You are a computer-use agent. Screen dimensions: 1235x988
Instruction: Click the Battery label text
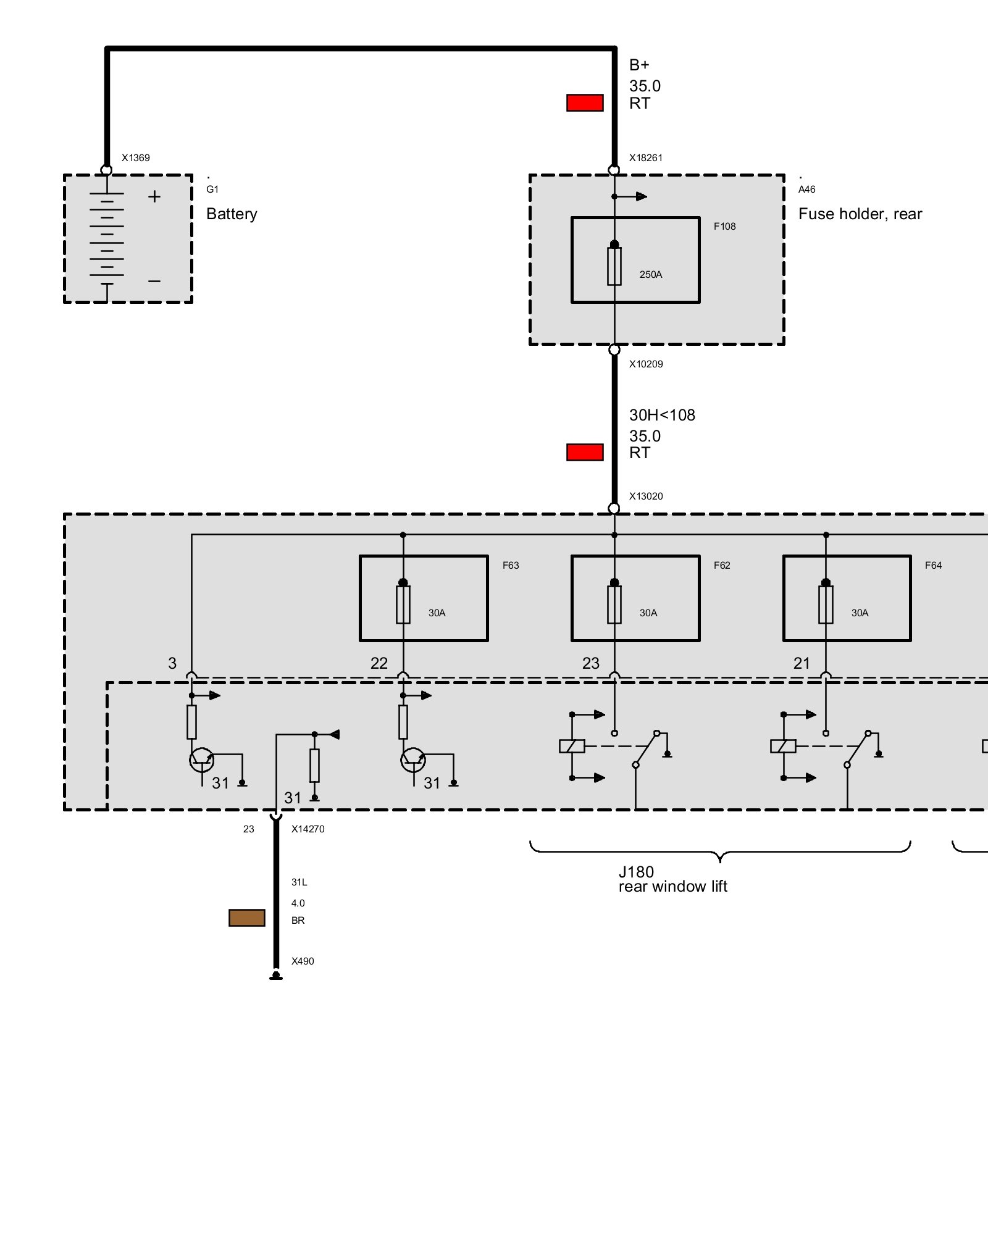pos(232,214)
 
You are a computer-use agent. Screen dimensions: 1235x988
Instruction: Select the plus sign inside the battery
pos(154,196)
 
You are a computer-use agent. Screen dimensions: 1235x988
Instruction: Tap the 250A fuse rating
pos(651,274)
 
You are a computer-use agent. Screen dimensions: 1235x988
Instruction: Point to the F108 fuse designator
pos(724,226)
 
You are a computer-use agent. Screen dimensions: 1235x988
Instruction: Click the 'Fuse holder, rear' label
pos(860,214)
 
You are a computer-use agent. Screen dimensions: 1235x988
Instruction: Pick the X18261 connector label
pos(645,157)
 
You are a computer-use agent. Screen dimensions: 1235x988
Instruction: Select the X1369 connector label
pos(135,157)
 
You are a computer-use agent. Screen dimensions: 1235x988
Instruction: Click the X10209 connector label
pos(645,364)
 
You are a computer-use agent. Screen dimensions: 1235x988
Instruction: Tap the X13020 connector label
pos(645,496)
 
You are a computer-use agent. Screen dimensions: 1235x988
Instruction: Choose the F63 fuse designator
pos(511,565)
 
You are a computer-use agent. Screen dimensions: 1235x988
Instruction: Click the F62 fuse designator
pos(722,565)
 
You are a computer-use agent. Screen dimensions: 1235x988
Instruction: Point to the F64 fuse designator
pos(933,565)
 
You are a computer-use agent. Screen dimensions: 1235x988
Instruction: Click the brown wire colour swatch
pos(247,918)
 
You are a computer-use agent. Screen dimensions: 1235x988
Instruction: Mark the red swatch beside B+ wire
pos(585,103)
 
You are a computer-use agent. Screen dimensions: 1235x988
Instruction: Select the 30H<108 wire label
pos(662,415)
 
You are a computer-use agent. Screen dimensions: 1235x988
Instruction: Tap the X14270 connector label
pos(308,829)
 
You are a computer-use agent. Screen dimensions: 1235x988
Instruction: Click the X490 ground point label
pos(303,961)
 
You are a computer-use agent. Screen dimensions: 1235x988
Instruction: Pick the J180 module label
pos(636,871)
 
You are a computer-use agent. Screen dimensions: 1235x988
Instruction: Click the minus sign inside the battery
pos(154,281)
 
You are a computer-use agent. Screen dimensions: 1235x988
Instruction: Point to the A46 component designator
pos(806,189)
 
